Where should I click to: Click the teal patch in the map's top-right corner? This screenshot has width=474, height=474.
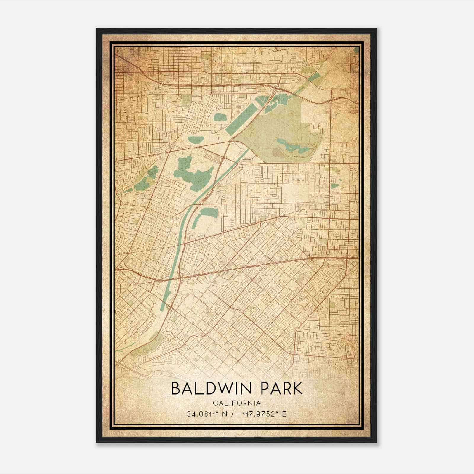tap(356, 50)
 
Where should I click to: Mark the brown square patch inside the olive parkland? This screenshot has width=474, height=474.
tap(277, 153)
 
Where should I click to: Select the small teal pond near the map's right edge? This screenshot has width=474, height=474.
tap(334, 186)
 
